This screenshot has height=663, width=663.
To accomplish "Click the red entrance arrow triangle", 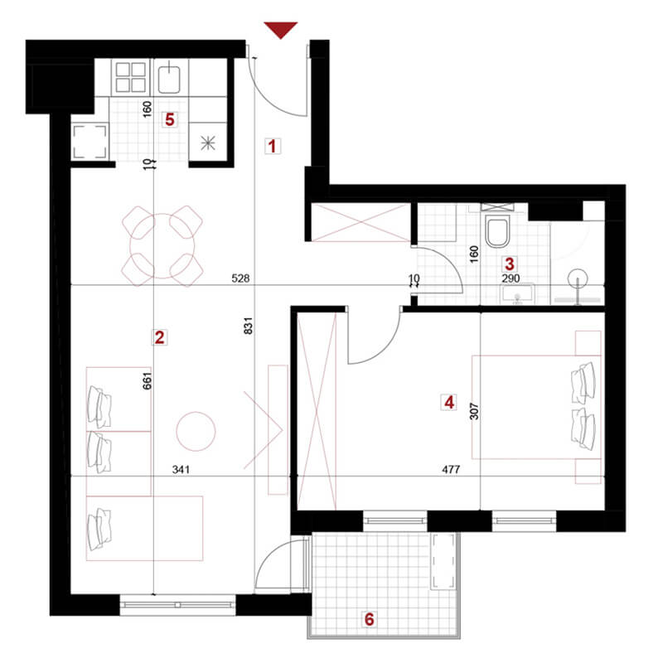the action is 281,30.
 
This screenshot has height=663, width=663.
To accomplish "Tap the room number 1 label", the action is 273,147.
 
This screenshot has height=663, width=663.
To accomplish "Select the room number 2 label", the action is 159,337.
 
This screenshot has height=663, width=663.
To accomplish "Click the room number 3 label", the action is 510,264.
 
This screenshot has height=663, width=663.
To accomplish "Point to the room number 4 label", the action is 449,402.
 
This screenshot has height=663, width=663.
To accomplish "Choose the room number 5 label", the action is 170,119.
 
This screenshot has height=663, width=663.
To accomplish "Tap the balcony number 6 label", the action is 369,619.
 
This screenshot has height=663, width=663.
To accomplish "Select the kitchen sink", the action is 169,77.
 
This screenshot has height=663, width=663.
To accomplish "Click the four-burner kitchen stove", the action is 131,77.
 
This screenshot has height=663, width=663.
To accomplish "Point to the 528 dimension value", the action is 240,278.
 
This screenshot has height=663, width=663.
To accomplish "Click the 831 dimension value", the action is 248,326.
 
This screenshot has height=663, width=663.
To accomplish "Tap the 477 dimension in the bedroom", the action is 451,469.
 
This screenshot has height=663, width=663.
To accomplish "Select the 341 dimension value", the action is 181,469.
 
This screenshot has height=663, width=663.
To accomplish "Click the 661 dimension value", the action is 147,381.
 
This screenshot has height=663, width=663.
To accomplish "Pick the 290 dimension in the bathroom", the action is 511,278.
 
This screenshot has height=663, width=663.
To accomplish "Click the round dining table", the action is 162,246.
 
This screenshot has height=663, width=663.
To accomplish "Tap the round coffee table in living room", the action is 196,431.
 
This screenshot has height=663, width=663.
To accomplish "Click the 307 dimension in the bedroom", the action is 474,411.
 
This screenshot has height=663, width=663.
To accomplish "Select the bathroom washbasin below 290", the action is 517,294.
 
